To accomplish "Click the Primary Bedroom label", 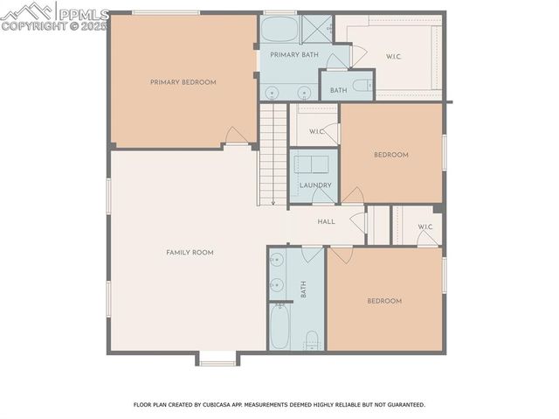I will point(183,82).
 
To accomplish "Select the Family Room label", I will point(190,252).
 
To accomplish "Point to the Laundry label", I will point(314,185).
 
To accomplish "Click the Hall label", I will point(326,222).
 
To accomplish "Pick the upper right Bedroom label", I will point(390,155).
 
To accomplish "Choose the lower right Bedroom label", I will point(383,301).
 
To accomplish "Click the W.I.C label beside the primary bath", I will point(394,57).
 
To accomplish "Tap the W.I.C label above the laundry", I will point(316,132).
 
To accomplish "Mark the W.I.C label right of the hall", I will point(425,227).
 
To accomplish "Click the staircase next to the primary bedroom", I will point(273,153).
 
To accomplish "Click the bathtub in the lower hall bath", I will point(279,327).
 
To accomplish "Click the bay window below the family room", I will point(216,359).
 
